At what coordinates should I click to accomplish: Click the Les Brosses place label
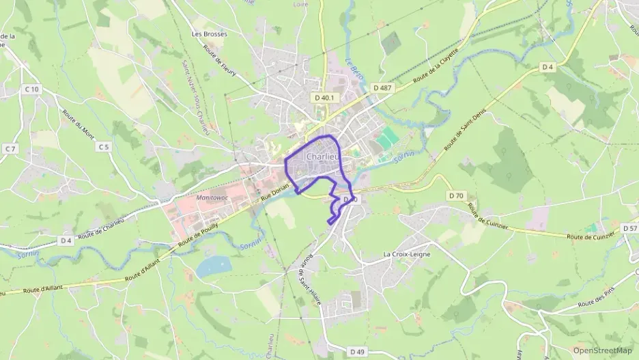pos(209,33)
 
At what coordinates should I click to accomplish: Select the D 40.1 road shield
pos(325,98)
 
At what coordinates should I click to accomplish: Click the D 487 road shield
pos(383,88)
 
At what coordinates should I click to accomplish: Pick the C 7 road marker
pos(10,148)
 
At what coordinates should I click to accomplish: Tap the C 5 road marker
pos(103,147)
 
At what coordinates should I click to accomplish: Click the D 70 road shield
pos(457,196)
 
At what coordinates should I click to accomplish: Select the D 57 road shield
pos(629,228)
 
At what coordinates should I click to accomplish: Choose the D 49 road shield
pos(357,351)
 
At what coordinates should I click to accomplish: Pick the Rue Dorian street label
pos(275,191)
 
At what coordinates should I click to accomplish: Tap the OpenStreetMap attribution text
pos(602,350)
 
